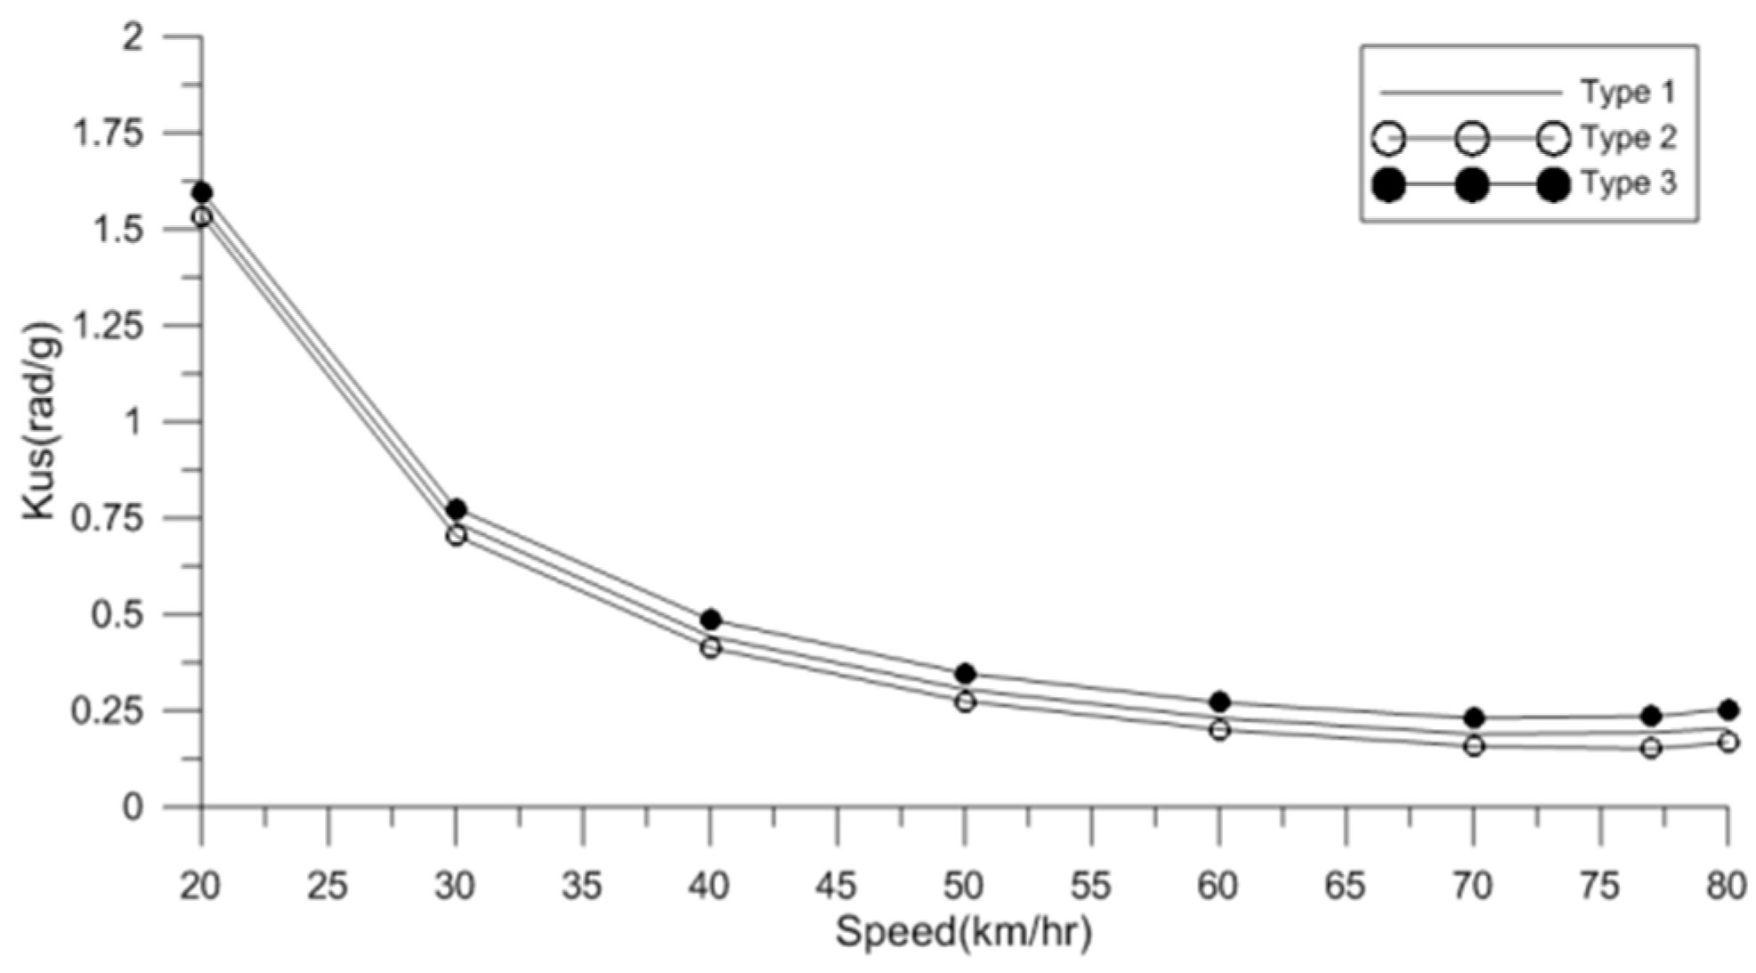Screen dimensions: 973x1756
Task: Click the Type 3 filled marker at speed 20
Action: pos(202,192)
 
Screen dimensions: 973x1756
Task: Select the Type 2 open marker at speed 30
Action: pos(456,536)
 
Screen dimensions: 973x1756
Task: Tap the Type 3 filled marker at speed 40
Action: pos(710,620)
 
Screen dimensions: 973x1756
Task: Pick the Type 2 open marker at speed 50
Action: pos(965,701)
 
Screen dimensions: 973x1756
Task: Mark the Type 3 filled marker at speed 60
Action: pos(1219,701)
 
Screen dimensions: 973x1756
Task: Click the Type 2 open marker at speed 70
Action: pos(1474,746)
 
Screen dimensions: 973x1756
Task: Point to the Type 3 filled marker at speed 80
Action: pos(1728,709)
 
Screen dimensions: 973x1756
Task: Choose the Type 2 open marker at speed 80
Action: pos(1728,742)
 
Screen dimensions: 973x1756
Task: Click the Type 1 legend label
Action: pos(1628,92)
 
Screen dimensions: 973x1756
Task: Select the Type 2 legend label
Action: pos(1628,138)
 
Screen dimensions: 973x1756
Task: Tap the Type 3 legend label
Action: pos(1628,183)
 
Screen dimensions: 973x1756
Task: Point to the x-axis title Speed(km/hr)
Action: pos(963,933)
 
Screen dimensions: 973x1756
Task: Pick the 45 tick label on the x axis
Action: pos(837,887)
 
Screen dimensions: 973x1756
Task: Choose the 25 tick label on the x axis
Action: pos(328,887)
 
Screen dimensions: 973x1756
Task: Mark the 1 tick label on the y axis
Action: pos(134,422)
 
